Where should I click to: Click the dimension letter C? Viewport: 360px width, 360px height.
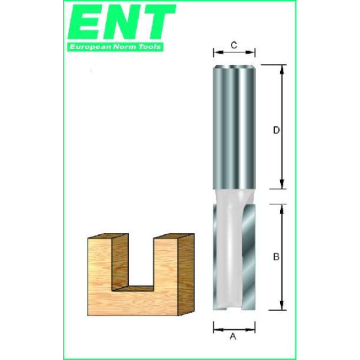234,45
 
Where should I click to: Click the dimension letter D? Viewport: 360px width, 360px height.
276,130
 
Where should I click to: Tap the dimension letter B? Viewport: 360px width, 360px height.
276,257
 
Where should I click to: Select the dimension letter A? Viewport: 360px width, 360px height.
233,336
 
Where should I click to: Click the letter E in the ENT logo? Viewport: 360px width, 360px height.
86,22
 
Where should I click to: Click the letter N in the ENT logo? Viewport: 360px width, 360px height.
122,22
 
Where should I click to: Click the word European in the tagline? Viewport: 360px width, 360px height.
90,47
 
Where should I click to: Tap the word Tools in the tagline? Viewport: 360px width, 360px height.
149,47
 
